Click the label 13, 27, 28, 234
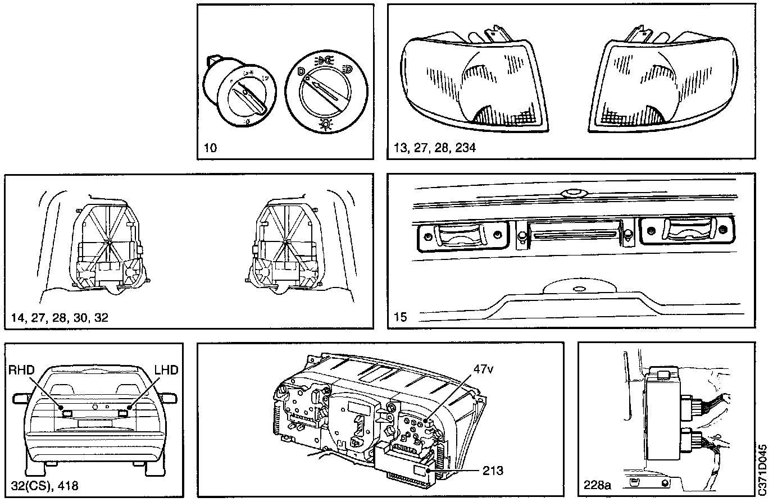click(435, 148)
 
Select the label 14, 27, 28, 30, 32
click(59, 317)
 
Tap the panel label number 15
click(401, 317)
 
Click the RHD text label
click(22, 370)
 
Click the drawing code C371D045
click(762, 469)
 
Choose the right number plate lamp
click(686, 234)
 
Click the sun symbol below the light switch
click(324, 124)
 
